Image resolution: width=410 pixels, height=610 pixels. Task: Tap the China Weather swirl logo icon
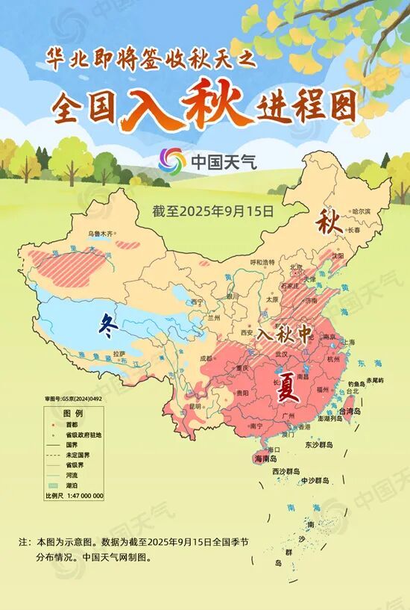click(x=172, y=160)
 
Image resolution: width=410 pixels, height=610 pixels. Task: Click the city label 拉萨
click(x=119, y=353)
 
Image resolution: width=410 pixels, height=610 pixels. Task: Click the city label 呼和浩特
click(x=262, y=262)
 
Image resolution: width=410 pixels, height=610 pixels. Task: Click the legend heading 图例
click(x=72, y=413)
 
